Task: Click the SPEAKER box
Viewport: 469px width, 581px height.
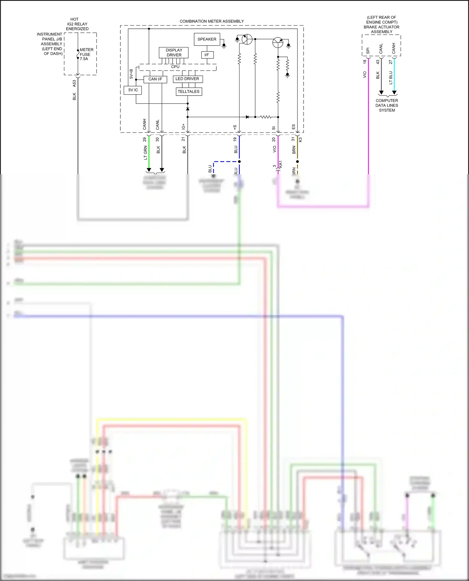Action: tap(207, 39)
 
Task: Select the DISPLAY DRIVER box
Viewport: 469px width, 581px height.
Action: tap(174, 52)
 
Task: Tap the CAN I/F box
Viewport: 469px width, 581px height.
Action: tap(155, 79)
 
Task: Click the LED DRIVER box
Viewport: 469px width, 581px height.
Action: tap(187, 79)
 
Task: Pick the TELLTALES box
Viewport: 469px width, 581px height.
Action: tap(189, 91)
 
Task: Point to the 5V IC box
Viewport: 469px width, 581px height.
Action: tap(133, 90)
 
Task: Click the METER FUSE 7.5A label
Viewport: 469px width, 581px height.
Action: tap(86, 54)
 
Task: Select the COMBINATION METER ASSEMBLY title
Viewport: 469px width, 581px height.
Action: tap(211, 21)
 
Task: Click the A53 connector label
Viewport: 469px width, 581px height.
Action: tap(74, 83)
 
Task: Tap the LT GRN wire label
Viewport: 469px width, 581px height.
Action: tap(145, 153)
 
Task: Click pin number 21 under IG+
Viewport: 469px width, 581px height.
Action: tap(183, 139)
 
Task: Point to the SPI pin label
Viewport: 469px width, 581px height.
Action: tap(368, 50)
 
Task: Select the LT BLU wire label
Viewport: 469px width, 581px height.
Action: tap(391, 78)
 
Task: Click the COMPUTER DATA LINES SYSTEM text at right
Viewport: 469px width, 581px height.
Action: tap(387, 106)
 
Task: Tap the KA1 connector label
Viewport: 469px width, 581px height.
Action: tap(280, 165)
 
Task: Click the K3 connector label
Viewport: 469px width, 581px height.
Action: tap(300, 140)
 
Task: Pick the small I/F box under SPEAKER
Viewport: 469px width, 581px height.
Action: tap(207, 55)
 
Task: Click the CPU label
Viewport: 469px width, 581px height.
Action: tap(175, 67)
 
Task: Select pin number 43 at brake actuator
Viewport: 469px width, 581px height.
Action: tap(377, 62)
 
